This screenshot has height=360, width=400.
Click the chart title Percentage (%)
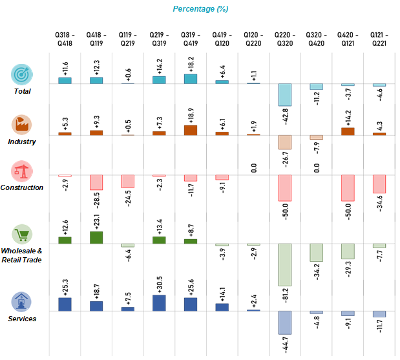coord(200,8)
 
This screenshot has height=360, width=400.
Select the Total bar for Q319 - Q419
coord(191,79)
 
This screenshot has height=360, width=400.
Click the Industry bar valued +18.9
coord(191,130)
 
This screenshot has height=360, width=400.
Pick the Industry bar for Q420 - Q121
coord(348,131)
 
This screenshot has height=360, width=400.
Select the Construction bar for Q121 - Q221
coord(379,184)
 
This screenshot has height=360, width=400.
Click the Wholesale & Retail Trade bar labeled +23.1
coord(96,237)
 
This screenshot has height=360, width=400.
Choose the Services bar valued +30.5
coord(159,302)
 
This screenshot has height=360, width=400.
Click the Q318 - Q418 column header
coord(65,38)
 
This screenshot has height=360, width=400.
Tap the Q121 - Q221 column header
coord(379,38)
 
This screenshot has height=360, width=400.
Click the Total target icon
coord(21,74)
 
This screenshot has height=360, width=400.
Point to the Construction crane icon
coord(21,171)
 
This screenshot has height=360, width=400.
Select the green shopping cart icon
coord(21,235)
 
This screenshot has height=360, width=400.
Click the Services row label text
coord(23,319)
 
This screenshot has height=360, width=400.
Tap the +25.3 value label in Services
coord(64,284)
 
